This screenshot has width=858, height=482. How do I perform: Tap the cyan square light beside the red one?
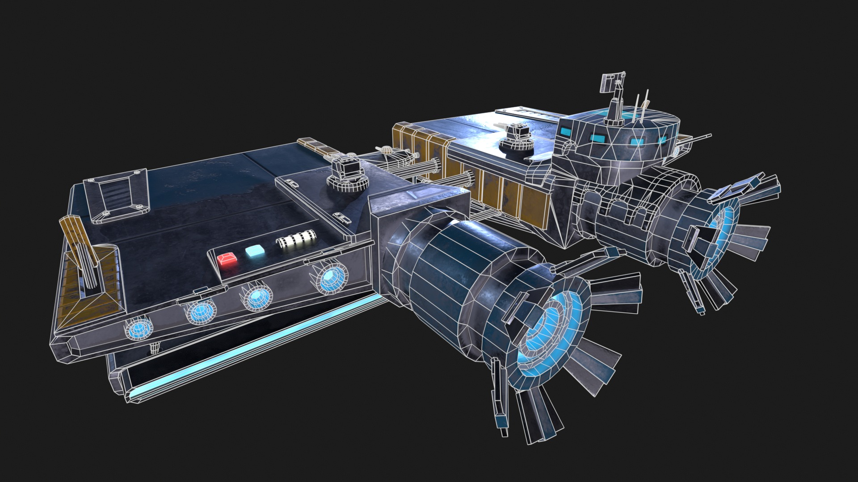point(254,251)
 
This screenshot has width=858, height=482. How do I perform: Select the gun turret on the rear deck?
point(517,138)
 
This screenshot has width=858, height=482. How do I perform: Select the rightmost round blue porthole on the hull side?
point(332,278)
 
